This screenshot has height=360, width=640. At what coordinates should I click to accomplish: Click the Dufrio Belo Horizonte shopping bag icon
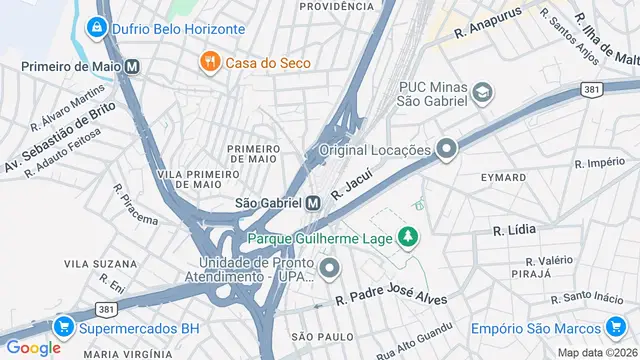(98, 29)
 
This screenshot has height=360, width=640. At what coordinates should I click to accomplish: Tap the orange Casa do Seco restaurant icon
(209, 63)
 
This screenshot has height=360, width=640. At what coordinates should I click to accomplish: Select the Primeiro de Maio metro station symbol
(133, 67)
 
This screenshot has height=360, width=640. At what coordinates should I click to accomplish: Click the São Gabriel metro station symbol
(313, 202)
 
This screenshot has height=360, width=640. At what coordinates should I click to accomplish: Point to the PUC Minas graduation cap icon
(484, 93)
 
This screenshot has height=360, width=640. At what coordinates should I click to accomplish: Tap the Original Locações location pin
(446, 150)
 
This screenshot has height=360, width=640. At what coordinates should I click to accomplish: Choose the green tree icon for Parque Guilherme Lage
(407, 238)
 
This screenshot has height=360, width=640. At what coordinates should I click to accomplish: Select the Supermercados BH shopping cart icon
(64, 327)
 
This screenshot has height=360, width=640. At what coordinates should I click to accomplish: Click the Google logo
(33, 347)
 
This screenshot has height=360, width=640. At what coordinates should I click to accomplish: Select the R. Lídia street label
(514, 229)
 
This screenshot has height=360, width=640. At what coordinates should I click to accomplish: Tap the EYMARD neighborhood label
(502, 177)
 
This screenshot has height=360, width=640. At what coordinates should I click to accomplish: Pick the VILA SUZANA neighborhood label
(94, 263)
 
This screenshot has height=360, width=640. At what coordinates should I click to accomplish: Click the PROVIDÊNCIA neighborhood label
(336, 6)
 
